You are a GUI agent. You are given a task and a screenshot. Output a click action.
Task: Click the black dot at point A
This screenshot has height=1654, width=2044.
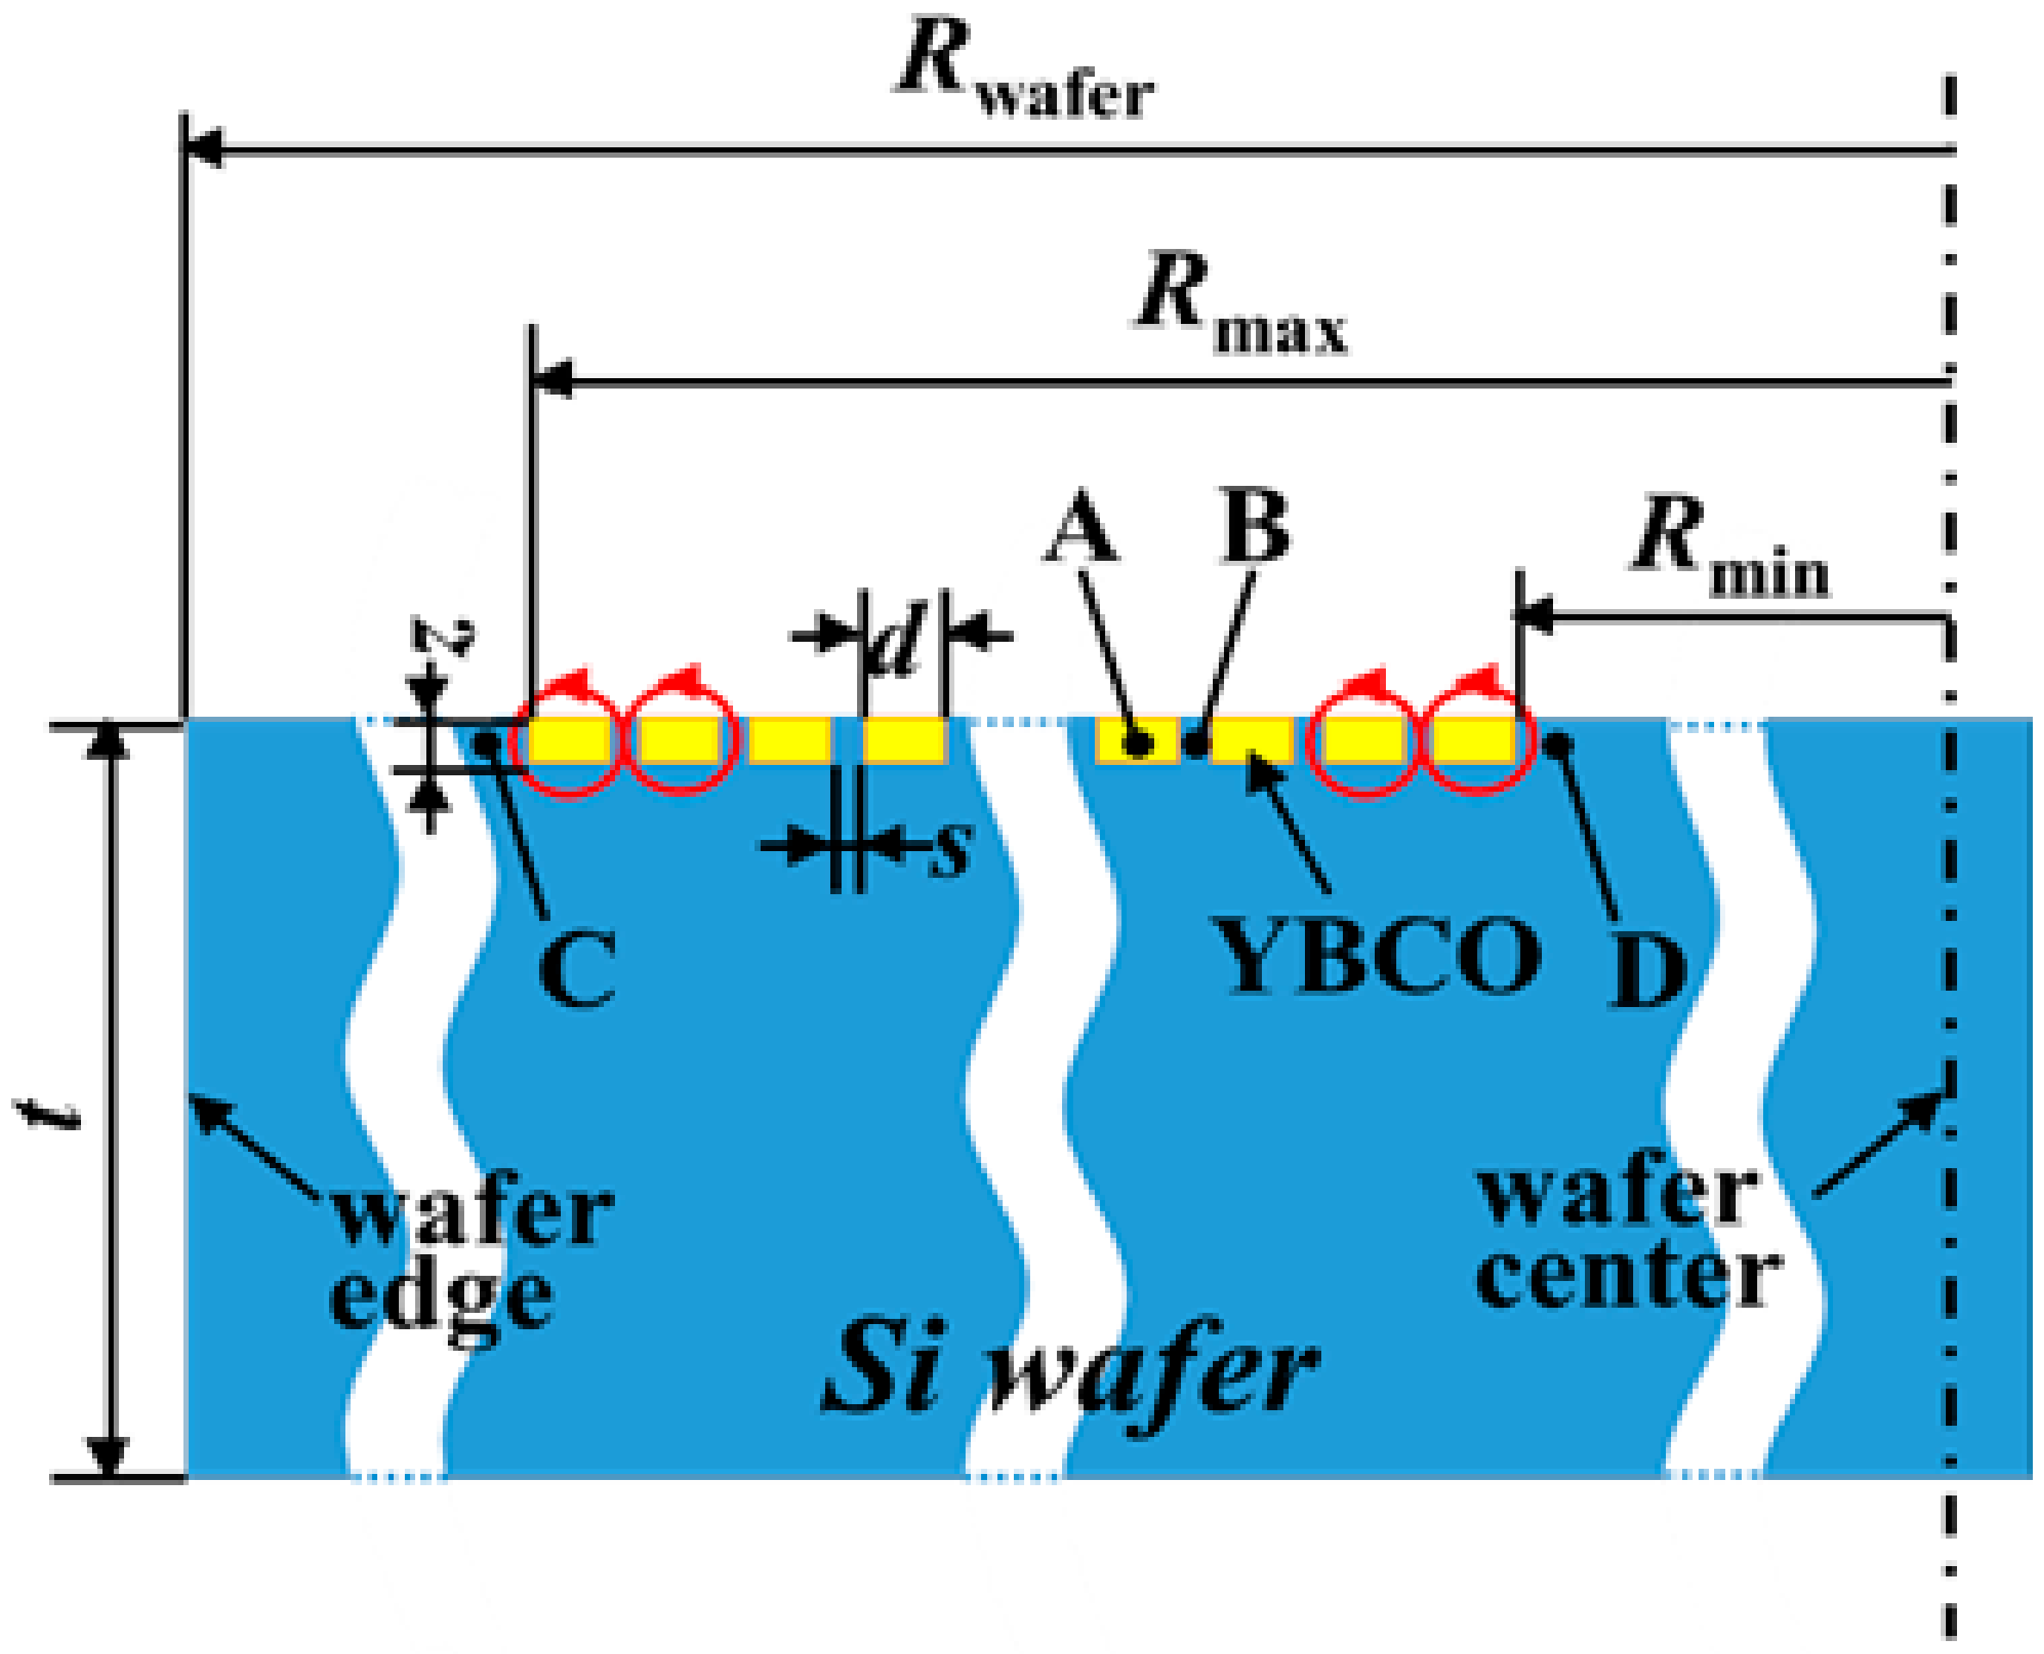[x=1137, y=743]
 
